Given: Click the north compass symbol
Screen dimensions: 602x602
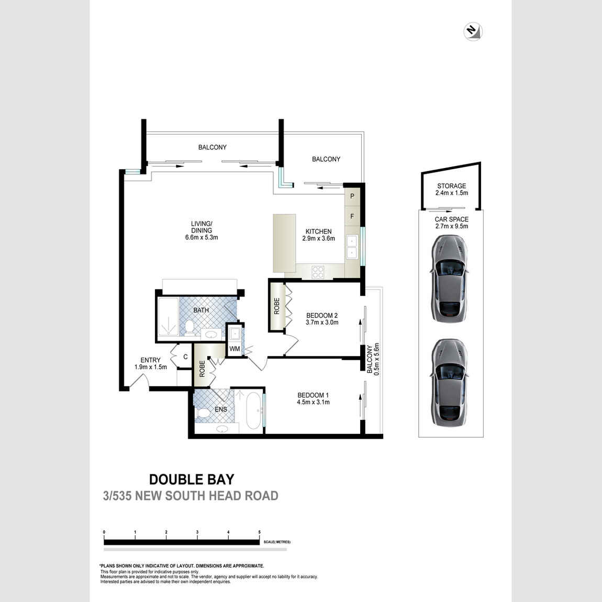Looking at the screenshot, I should pyautogui.click(x=473, y=31).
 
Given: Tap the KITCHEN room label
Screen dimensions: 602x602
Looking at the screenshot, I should pyautogui.click(x=318, y=231).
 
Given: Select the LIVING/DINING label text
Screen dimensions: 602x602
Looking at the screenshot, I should pyautogui.click(x=202, y=227).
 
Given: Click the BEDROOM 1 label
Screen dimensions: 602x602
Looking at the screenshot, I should pyautogui.click(x=313, y=395).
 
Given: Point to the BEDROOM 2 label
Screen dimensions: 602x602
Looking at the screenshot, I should pyautogui.click(x=322, y=315).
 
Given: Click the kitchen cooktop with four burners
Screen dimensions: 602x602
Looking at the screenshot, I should pyautogui.click(x=318, y=272).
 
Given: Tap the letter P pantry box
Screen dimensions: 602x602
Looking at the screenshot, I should pyautogui.click(x=352, y=196).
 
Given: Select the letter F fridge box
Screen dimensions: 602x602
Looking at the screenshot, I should pyautogui.click(x=352, y=216).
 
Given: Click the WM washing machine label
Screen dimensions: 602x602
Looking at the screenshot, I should pyautogui.click(x=235, y=349).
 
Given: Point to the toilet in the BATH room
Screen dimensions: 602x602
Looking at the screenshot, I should pyautogui.click(x=190, y=328).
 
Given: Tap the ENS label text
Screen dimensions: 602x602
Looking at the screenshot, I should pyautogui.click(x=220, y=409).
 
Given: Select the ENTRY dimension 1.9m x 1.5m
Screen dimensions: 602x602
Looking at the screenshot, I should pyautogui.click(x=151, y=367).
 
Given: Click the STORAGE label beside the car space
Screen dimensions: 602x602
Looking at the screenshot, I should pyautogui.click(x=451, y=186).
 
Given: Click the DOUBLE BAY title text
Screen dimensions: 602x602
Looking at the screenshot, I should pyautogui.click(x=192, y=479).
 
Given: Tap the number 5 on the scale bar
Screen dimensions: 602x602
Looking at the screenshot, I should pyautogui.click(x=259, y=532).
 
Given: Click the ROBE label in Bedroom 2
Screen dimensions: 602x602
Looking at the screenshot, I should pyautogui.click(x=276, y=306).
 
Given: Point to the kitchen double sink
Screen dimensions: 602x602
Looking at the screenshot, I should pyautogui.click(x=352, y=247).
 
